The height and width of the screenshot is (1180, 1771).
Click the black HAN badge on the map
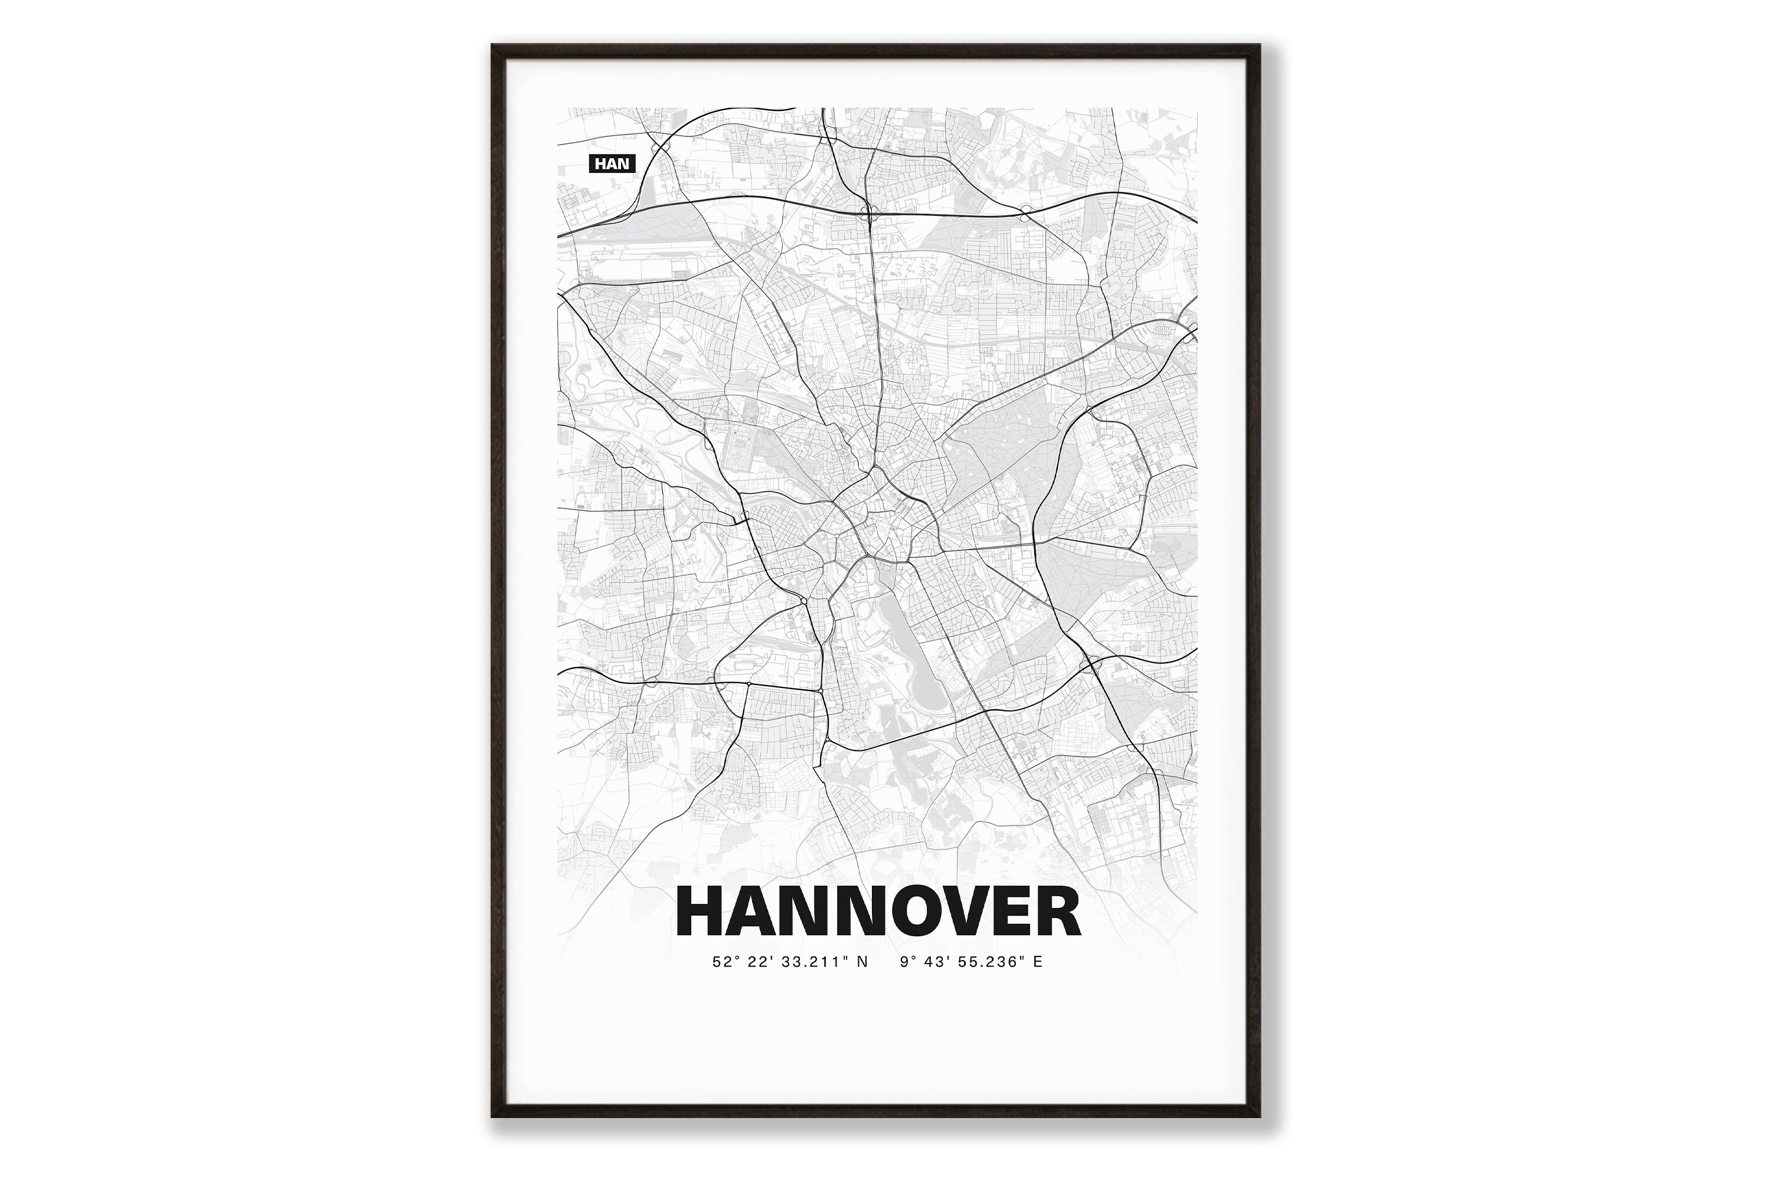(x=612, y=163)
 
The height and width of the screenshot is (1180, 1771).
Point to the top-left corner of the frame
(x=493, y=46)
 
